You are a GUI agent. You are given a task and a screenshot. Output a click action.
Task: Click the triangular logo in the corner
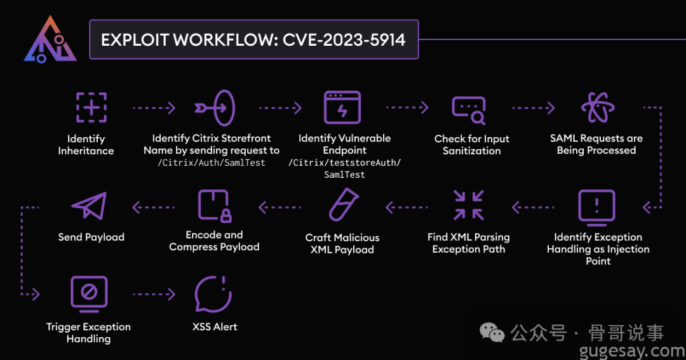(x=50, y=40)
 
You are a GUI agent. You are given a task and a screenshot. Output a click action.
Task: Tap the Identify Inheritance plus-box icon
(x=91, y=107)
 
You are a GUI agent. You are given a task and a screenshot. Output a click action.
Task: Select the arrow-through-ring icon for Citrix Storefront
(x=215, y=107)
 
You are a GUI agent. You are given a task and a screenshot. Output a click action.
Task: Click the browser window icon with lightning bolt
(x=343, y=107)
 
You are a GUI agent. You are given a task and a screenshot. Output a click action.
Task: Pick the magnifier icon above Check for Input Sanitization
(x=469, y=110)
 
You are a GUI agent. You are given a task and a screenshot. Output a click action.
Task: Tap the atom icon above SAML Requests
(x=598, y=107)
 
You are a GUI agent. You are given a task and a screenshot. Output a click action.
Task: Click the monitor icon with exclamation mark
(x=597, y=208)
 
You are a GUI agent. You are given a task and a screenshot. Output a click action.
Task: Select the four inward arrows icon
(x=469, y=205)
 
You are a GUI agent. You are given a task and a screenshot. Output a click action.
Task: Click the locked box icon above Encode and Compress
(x=215, y=206)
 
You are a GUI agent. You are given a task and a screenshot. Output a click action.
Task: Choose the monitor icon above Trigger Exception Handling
(x=89, y=294)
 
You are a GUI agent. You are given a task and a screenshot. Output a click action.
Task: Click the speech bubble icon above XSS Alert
(x=213, y=295)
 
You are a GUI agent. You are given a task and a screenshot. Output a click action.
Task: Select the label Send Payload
(x=91, y=237)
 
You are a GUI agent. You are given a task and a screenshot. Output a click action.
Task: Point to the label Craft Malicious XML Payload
(x=342, y=243)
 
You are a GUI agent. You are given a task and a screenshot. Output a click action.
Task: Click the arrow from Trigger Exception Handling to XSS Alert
(x=154, y=294)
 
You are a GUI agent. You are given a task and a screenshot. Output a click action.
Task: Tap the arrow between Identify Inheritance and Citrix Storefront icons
(x=154, y=108)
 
